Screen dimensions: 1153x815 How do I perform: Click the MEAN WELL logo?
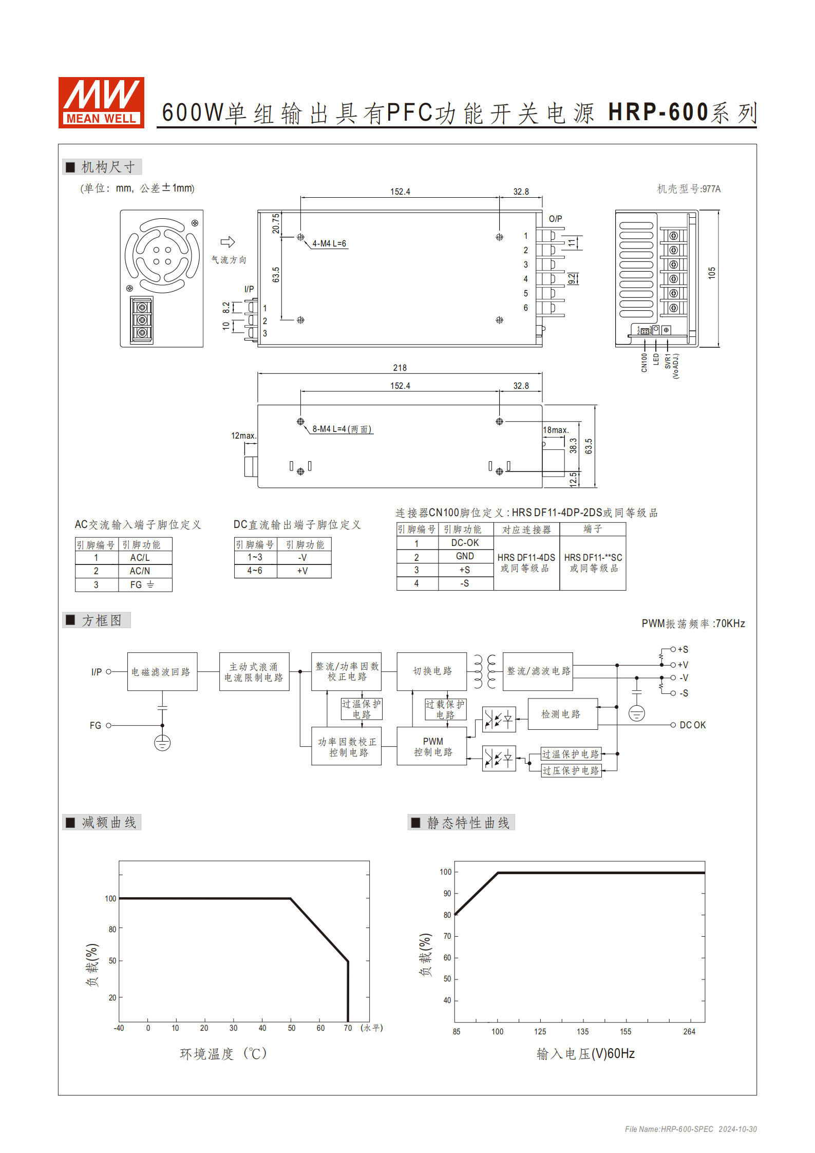pos(101,102)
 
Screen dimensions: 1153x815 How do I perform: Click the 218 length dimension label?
pos(400,368)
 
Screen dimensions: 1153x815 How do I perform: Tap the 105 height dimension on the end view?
pos(711,273)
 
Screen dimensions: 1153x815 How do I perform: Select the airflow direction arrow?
pos(228,242)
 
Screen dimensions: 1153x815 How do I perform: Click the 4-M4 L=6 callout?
pos(329,243)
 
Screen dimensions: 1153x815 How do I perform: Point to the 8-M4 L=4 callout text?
pos(342,429)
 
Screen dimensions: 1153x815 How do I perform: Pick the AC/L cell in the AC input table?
pos(140,557)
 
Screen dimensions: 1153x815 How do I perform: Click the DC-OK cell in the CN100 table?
pos(465,543)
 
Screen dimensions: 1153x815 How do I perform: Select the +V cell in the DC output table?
pos(302,571)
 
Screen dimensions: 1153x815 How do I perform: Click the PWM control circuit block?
pos(432,746)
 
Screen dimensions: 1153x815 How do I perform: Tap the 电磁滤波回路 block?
pos(162,671)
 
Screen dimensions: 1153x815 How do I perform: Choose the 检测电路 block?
pos(561,714)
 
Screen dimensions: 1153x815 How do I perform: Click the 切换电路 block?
pos(432,671)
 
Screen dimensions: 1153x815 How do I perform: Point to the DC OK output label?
pos(692,725)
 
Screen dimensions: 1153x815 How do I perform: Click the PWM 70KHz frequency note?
pos(693,623)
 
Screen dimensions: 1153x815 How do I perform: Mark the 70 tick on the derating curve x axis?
pos(348,1028)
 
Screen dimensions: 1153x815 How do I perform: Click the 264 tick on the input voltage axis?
pos(689,1031)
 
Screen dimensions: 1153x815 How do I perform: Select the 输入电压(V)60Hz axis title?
pos(585,1054)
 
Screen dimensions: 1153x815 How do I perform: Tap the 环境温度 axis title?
pos(223,1054)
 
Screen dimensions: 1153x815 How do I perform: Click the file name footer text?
pos(690,1129)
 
